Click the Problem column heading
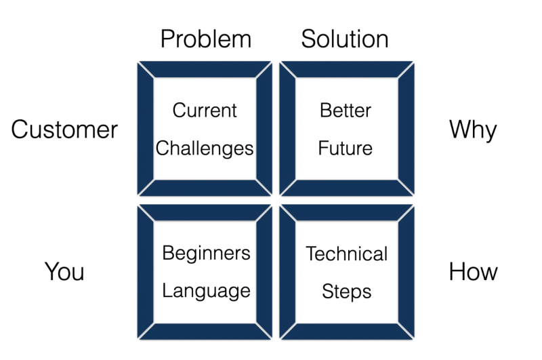click(205, 39)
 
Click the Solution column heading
click(345, 39)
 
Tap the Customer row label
click(64, 129)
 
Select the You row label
click(64, 272)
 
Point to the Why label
click(473, 129)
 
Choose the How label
click(473, 272)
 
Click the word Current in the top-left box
click(205, 111)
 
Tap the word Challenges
click(205, 148)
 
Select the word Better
click(346, 111)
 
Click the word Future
click(346, 148)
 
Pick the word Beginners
click(206, 254)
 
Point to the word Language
click(206, 292)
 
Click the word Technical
click(346, 254)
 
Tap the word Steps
click(346, 292)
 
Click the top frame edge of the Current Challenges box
click(205, 69)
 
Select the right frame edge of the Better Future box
click(405, 129)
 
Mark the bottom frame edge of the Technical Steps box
click(346, 332)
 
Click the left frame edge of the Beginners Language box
click(145, 272)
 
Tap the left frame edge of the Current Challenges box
click(145, 129)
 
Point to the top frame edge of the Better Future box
click(346, 69)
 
